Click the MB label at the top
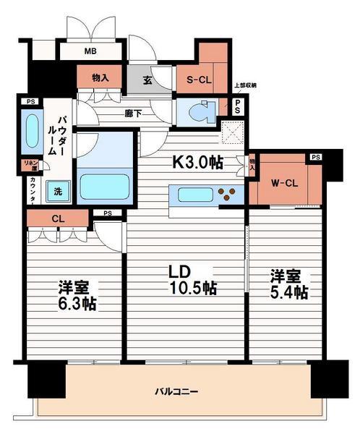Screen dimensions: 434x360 [90, 51]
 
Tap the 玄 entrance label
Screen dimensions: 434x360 [147, 80]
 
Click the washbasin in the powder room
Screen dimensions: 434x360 [33, 130]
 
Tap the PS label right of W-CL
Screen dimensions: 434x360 [315, 157]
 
